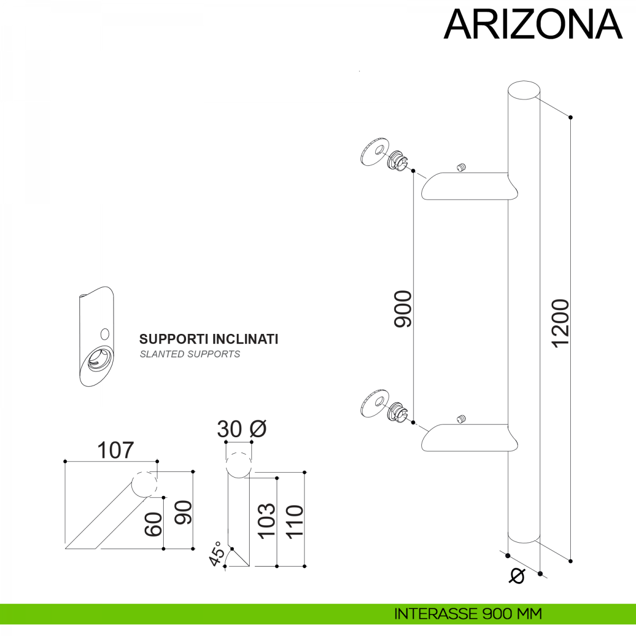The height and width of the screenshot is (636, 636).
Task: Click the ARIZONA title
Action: click(x=533, y=25)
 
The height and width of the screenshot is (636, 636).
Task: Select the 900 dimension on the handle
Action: click(x=403, y=309)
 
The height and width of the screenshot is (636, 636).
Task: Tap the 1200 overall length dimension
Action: click(x=560, y=323)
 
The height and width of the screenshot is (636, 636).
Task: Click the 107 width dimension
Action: click(x=116, y=450)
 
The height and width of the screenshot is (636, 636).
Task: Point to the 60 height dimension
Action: click(x=153, y=524)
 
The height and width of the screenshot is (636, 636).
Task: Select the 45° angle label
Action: click(x=215, y=554)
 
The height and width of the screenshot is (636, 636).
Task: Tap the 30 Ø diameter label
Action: click(x=242, y=429)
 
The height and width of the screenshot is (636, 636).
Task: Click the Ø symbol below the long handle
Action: click(x=517, y=576)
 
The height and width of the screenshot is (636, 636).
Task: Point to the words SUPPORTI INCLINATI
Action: click(x=208, y=339)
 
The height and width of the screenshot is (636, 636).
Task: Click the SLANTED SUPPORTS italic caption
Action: click(x=190, y=354)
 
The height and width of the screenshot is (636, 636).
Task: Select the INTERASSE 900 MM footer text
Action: click(x=468, y=614)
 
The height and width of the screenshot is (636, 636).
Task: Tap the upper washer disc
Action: click(x=375, y=152)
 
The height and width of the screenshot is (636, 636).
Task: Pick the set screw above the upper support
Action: click(x=461, y=168)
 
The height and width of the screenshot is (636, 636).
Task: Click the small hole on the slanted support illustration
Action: click(x=104, y=334)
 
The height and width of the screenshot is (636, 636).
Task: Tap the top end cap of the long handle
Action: click(x=524, y=90)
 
